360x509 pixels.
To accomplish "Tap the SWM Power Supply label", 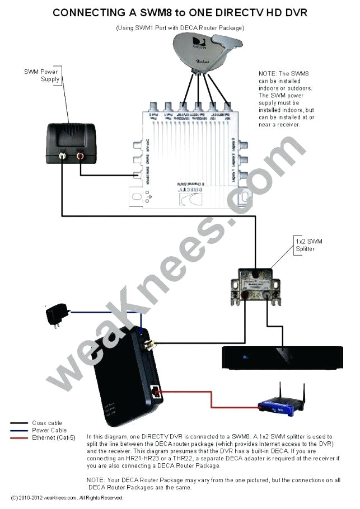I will [41, 76].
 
